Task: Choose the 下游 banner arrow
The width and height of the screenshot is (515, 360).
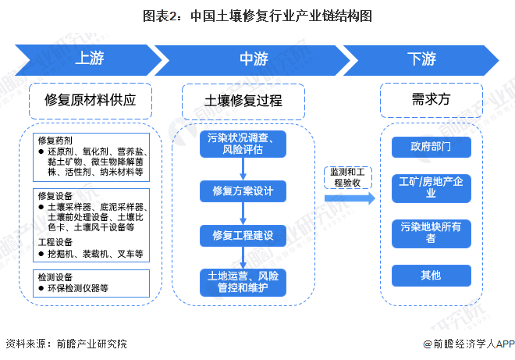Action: point(425,59)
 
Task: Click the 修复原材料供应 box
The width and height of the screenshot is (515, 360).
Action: point(91,100)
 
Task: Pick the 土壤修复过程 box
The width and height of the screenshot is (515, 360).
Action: point(243,100)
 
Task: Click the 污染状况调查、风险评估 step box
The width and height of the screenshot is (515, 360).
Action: point(243,143)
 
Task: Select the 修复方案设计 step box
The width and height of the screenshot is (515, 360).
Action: point(243,190)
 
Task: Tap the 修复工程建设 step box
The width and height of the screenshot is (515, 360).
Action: point(243,234)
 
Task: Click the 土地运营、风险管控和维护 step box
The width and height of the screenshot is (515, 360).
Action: point(243,282)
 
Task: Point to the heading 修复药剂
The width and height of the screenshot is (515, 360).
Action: point(54,141)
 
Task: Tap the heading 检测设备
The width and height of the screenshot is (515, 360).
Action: point(54,276)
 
